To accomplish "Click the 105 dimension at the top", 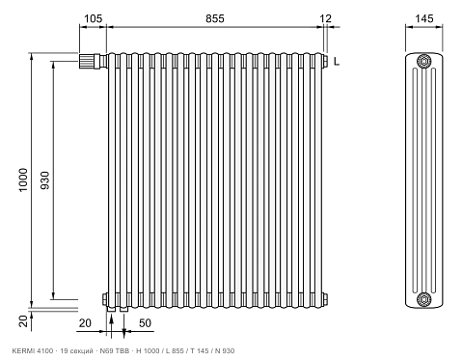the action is point(93,18).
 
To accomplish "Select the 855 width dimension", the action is point(215,18).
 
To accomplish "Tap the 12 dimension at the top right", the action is point(325,18).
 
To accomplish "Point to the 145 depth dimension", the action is point(424,18).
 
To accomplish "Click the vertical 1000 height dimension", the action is point(23,180).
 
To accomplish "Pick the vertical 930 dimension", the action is point(45,180).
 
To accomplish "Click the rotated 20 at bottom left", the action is point(23,321).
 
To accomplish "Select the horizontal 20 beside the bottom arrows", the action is point(85,323).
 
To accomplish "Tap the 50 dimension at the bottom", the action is point(145,323).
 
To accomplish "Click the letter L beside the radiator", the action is point(337,62).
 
